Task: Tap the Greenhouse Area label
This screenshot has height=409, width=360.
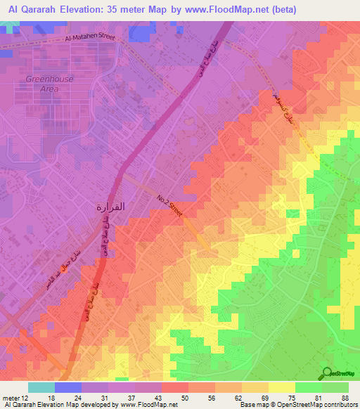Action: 49,84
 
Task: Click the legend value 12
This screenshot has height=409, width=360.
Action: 25,397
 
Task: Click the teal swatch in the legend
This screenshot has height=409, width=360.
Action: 41,387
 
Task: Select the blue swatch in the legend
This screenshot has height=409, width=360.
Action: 67,387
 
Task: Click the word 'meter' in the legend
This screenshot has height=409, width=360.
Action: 11,397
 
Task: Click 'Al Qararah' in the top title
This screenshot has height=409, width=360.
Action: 32,10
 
